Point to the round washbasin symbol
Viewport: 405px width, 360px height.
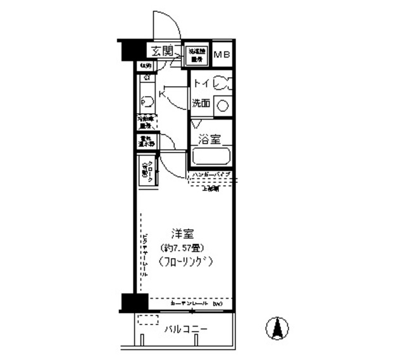222,106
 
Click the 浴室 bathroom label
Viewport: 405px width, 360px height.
209,139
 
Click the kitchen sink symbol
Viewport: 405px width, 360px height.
145,101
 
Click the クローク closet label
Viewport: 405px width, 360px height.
147,171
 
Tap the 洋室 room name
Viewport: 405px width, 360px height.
183,232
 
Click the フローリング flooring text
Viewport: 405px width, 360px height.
186,261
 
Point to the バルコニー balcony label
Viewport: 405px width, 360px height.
186,330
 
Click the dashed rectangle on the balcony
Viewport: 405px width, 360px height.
148,320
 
